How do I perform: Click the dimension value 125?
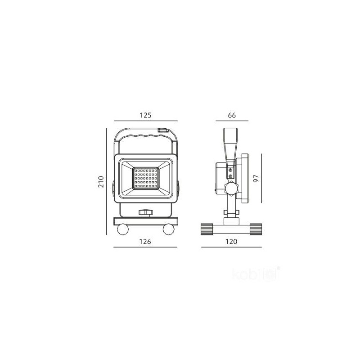[x=145, y=115]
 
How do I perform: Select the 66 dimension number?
[x=232, y=115]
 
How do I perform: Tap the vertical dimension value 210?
[x=101, y=182]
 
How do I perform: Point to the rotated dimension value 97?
[x=256, y=178]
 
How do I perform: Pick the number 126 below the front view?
[x=145, y=242]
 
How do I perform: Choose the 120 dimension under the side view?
[x=231, y=242]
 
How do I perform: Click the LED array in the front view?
[x=145, y=178]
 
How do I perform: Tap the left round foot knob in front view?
[x=123, y=229]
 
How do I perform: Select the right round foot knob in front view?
[x=169, y=229]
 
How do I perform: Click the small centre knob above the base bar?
[x=145, y=213]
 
